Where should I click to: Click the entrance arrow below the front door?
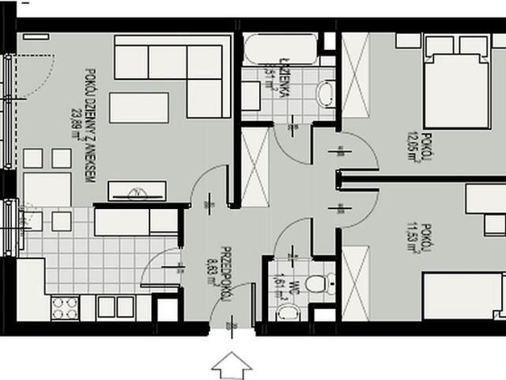[x=232, y=365]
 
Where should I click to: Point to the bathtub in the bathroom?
[x=278, y=51]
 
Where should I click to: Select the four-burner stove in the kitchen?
[x=65, y=306]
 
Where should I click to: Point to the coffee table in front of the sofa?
[x=138, y=107]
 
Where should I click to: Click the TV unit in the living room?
[x=137, y=190]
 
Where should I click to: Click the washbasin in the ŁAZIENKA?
[x=325, y=95]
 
